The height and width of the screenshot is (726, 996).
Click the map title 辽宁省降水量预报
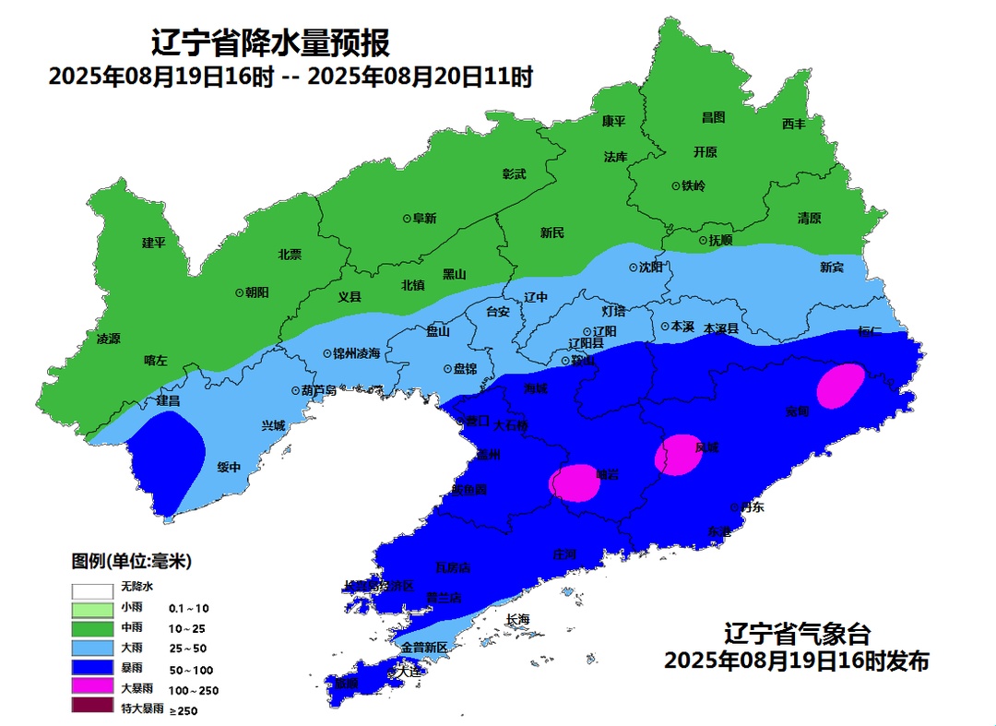click(x=270, y=42)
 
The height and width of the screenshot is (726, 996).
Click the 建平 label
click(x=153, y=243)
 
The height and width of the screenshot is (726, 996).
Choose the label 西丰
click(x=793, y=124)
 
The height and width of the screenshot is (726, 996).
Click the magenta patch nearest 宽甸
click(x=841, y=385)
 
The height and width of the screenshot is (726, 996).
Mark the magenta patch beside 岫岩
click(x=575, y=482)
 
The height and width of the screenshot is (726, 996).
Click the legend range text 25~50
click(x=189, y=649)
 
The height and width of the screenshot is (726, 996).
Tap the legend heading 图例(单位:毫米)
click(x=131, y=560)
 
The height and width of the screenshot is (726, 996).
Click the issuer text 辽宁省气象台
click(x=797, y=635)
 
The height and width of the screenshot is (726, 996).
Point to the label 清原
click(x=809, y=219)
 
